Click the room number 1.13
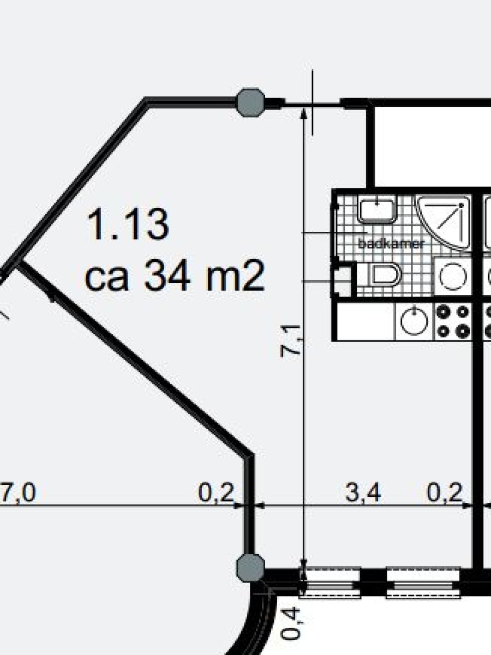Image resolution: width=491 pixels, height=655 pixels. (128, 224)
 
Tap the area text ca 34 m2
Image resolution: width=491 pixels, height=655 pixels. (175, 275)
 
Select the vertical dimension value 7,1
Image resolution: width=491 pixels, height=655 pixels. (290, 341)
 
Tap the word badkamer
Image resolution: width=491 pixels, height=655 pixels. (391, 244)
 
